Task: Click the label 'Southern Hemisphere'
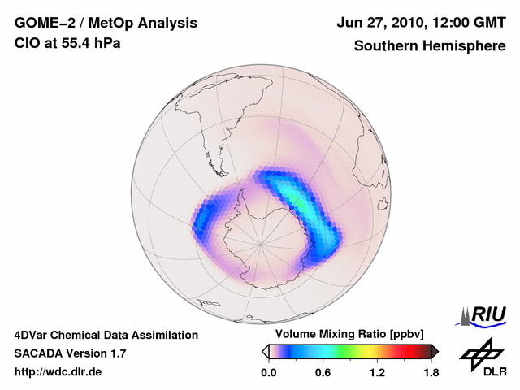[429, 45]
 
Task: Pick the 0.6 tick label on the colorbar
[323, 373]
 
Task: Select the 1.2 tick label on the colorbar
[377, 373]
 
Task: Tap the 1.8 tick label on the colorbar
[431, 373]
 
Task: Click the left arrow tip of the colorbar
[264, 351]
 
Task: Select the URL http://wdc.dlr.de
[58, 373]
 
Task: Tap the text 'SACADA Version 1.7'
[70, 353]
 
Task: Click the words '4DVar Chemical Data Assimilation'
[106, 335]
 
